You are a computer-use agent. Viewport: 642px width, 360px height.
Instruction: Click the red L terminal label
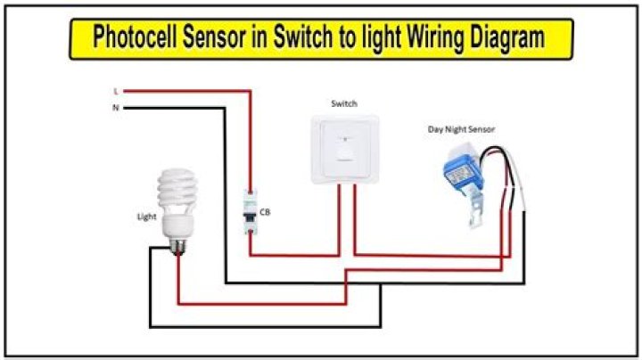[x=116, y=91]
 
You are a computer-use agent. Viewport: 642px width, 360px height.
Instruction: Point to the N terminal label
[x=116, y=108]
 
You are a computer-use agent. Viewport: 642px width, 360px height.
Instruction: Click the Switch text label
[x=343, y=104]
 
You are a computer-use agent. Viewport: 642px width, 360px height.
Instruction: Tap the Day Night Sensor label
[x=461, y=130]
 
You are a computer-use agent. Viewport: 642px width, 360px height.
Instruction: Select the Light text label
[x=147, y=217]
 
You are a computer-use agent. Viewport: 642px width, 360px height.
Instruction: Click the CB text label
[x=266, y=212]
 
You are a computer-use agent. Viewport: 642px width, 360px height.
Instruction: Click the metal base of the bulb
[x=179, y=239]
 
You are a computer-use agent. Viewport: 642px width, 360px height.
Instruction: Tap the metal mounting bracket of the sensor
[x=480, y=214]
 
